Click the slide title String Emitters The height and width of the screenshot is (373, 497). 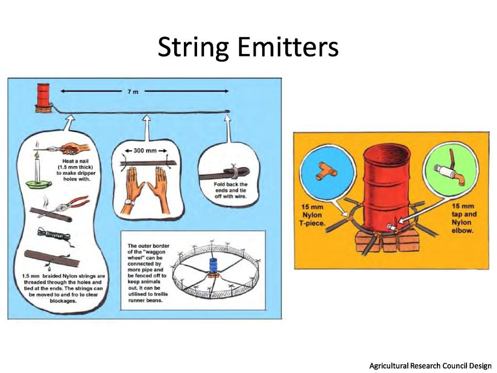click(x=248, y=48)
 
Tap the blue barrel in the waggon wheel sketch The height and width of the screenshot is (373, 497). click(x=212, y=266)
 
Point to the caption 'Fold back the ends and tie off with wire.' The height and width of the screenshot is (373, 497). click(x=230, y=190)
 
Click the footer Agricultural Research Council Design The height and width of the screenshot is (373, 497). click(x=430, y=365)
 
